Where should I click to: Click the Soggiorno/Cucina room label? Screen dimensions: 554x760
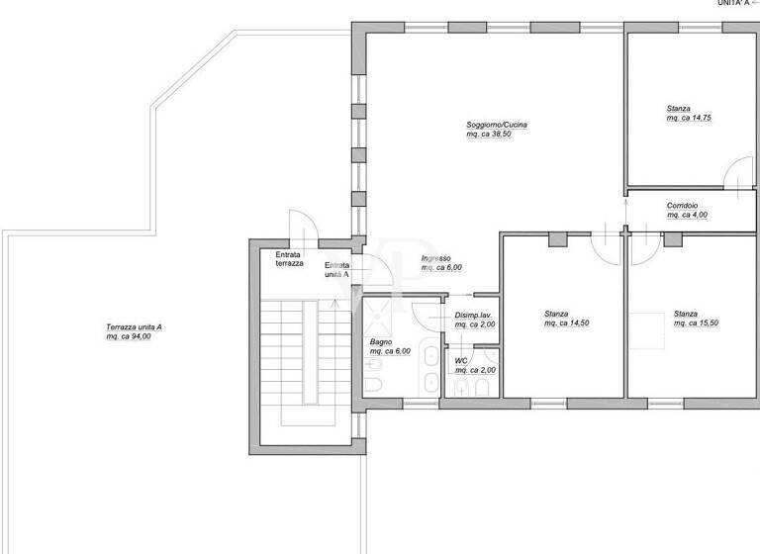pyautogui.click(x=497, y=125)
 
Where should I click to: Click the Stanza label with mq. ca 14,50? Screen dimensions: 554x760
pyautogui.click(x=555, y=315)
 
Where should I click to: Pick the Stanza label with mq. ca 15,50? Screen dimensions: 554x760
pyautogui.click(x=686, y=315)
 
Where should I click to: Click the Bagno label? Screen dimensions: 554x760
pyautogui.click(x=381, y=342)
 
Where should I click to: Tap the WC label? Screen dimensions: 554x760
pyautogui.click(x=460, y=361)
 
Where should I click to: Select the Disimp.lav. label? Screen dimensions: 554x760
pyautogui.click(x=473, y=316)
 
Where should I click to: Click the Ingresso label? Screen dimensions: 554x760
pyautogui.click(x=435, y=258)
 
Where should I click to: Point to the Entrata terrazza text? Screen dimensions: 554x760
pyautogui.click(x=290, y=259)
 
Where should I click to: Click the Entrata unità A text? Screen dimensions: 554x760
pyautogui.click(x=336, y=270)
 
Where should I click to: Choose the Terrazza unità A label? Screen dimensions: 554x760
pyautogui.click(x=135, y=328)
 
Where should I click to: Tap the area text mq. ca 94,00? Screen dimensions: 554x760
pyautogui.click(x=136, y=337)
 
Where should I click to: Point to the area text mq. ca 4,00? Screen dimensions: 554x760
pyautogui.click(x=687, y=214)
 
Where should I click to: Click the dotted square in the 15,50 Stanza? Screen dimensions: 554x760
pyautogui.click(x=649, y=330)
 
